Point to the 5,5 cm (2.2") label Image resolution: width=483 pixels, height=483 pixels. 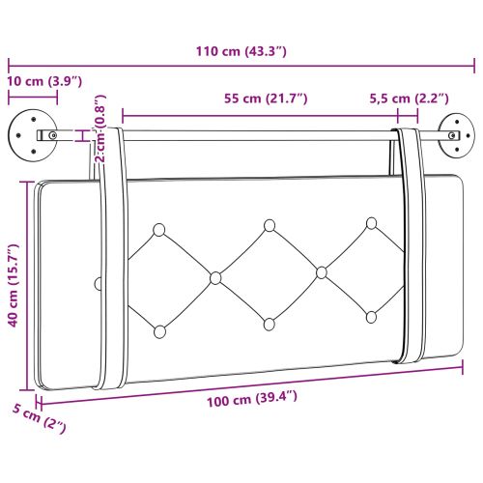[x=411, y=99]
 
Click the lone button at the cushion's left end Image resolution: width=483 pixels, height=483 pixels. [x=97, y=283]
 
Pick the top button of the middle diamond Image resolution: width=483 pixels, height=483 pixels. [x=270, y=225]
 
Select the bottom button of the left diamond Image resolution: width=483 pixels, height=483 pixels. [x=158, y=331]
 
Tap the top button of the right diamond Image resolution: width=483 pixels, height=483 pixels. [x=371, y=223]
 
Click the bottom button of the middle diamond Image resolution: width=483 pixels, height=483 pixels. [x=269, y=324]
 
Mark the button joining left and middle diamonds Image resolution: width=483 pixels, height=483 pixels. [x=215, y=278]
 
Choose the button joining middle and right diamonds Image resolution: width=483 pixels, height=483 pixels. [x=321, y=272]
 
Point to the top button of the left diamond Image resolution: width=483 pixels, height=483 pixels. [x=159, y=229]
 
